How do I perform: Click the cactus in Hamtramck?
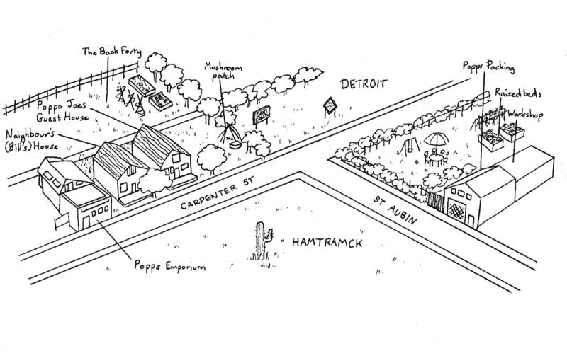click(262, 241)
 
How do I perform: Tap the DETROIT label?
click(364, 84)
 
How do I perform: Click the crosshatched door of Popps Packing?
click(454, 206)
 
